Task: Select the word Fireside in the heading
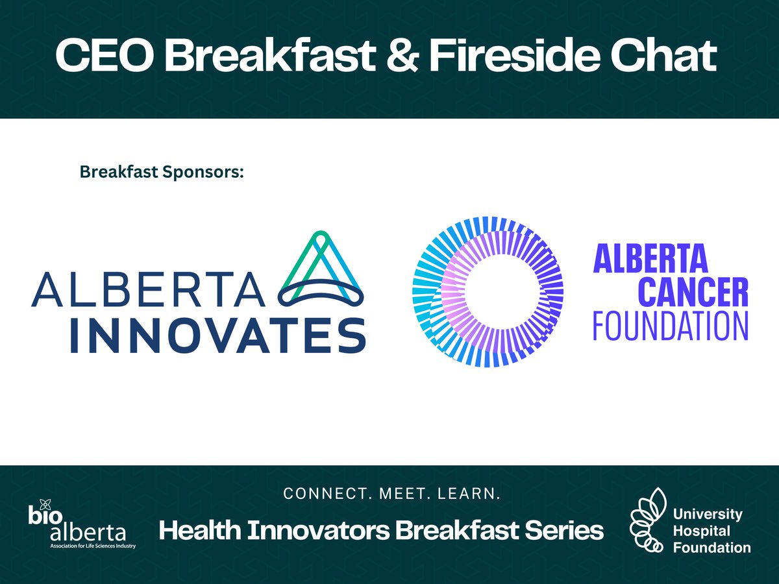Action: pos(516,58)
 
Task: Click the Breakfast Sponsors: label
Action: pos(161,173)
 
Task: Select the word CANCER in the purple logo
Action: pos(670,293)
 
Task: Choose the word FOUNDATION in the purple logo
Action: pos(670,326)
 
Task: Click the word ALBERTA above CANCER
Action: pos(650,260)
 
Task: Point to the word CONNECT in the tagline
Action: pos(317,494)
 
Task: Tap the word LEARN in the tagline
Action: pos(473,494)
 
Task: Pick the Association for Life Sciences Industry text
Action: pos(93,546)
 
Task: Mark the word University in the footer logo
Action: pos(708,515)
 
